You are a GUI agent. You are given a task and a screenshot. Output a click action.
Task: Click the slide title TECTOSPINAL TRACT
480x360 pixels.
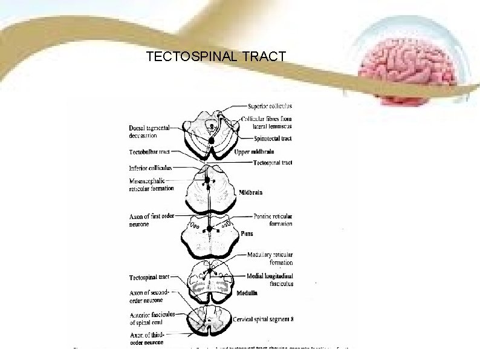tap(216, 57)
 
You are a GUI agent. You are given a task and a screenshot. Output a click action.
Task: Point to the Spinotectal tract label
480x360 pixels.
tap(270, 139)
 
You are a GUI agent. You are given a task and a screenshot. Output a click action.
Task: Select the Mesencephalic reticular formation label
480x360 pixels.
tap(151, 184)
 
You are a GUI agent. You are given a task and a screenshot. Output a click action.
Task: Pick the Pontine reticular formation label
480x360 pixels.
tap(272, 220)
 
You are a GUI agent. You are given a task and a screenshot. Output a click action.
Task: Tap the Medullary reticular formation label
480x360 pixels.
tap(270, 258)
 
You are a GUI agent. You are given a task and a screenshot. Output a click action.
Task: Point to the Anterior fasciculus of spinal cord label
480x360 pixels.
tap(152, 318)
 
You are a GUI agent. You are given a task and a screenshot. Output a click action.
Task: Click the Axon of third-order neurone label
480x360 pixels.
tap(148, 339)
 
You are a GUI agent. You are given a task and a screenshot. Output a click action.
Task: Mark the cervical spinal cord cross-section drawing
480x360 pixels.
tap(207, 319)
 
